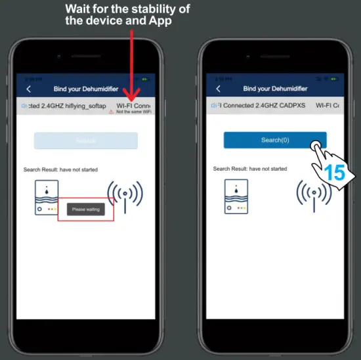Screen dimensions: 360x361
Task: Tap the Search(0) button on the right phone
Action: tap(274, 140)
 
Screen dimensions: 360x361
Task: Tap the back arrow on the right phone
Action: tap(218, 89)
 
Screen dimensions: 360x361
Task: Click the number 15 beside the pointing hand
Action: tap(334, 173)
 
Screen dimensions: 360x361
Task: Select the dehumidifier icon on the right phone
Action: tap(236, 196)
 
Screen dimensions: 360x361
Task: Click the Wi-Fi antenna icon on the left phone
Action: tap(125, 194)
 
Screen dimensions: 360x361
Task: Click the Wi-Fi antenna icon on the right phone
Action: tap(313, 194)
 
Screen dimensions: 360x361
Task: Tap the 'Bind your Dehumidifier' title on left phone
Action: tap(85, 89)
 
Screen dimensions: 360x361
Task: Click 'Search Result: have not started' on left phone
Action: tap(60, 169)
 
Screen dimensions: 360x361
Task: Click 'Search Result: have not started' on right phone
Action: tap(250, 169)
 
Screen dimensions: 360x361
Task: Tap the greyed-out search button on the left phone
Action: tap(86, 141)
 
